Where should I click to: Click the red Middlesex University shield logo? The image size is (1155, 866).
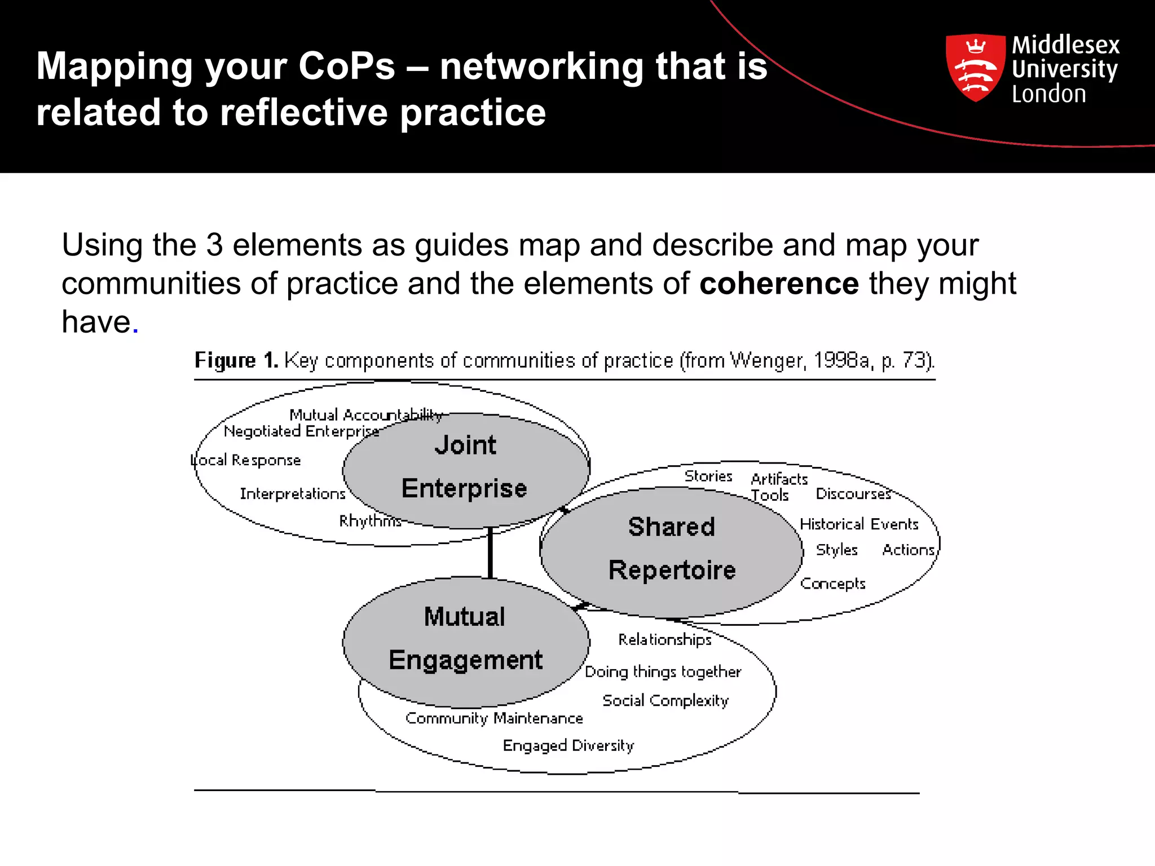pos(975,68)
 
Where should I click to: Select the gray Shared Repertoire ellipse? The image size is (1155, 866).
pos(671,550)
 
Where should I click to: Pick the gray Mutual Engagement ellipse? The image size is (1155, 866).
pos(466,640)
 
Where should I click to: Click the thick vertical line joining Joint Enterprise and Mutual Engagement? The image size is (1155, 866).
pos(490,553)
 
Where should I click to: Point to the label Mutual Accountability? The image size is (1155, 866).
pos(365,415)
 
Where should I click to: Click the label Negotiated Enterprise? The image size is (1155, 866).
pos(301,431)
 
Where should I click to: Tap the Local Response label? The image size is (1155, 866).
pos(246,460)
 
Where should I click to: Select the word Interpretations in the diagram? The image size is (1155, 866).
pos(292,494)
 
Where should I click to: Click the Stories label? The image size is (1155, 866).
pos(708,476)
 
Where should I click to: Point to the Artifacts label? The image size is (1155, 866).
pos(779,479)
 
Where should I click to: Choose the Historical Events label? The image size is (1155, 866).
pos(859,524)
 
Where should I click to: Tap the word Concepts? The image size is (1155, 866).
pos(832,584)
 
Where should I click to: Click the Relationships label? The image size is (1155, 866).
pos(665,639)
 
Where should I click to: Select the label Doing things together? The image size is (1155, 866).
pos(663,671)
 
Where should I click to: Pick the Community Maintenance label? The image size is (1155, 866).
pos(494,718)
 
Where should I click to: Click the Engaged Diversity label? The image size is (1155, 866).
pos(568,745)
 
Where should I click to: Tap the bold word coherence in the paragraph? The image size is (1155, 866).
pos(779,283)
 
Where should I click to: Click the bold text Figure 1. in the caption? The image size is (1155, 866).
pos(236,360)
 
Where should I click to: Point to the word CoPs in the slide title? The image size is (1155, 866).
pos(346,67)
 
